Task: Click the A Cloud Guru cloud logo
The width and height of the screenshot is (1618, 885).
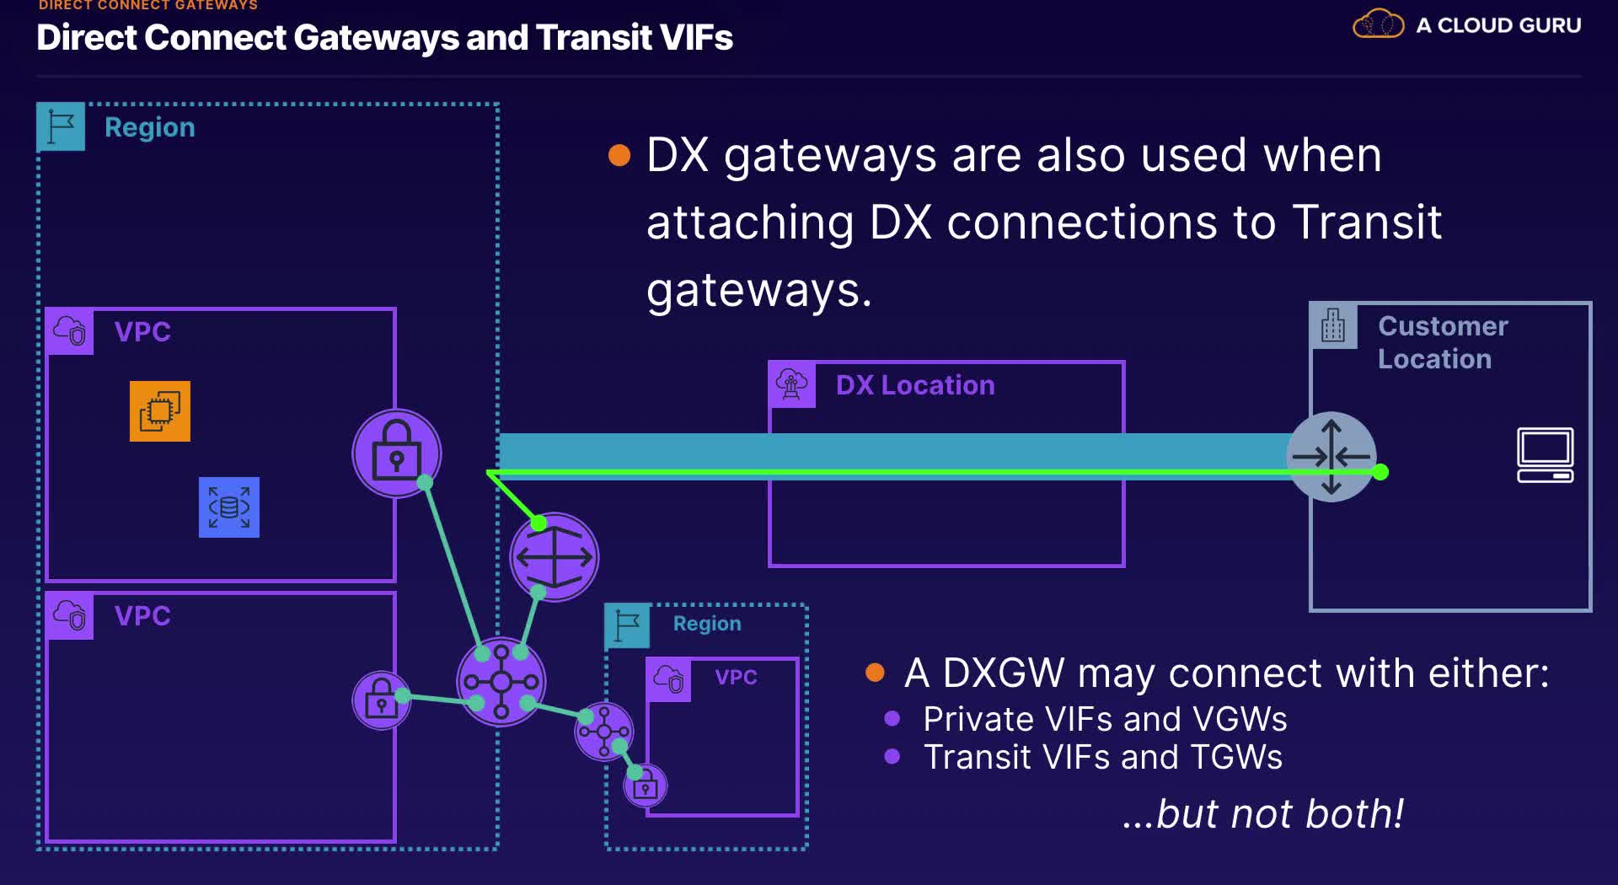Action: click(x=1378, y=24)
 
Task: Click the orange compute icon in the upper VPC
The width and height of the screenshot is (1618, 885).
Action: click(x=160, y=411)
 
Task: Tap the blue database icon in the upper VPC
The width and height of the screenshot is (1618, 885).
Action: click(x=229, y=507)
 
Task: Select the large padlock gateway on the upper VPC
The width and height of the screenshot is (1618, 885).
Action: click(x=396, y=453)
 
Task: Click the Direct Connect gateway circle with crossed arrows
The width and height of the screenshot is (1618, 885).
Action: click(x=554, y=557)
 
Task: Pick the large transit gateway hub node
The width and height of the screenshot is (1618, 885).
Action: click(x=501, y=681)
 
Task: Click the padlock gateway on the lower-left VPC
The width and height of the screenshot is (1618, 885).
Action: click(x=381, y=700)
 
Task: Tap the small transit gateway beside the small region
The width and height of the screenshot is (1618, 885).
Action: click(x=603, y=732)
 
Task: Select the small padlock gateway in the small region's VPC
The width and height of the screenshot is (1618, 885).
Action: click(x=646, y=786)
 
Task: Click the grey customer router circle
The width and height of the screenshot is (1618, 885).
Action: click(x=1331, y=457)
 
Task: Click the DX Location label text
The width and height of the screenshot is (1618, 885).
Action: click(x=915, y=385)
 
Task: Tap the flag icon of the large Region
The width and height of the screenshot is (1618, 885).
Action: click(x=61, y=126)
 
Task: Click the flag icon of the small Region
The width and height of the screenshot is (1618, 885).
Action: click(x=627, y=625)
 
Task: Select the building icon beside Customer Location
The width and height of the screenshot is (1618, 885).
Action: click(x=1333, y=325)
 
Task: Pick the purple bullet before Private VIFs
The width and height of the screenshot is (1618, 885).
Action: click(x=892, y=719)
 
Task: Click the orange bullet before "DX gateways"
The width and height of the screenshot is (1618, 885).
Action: click(x=619, y=156)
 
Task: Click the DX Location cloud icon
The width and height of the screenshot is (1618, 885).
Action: click(x=792, y=384)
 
